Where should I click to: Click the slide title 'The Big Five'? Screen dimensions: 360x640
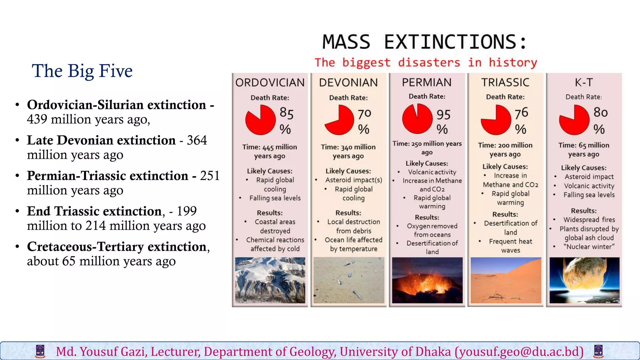click(x=82, y=71)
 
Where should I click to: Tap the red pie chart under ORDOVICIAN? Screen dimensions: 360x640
click(x=260, y=120)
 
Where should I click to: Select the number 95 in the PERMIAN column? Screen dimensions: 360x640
click(x=443, y=115)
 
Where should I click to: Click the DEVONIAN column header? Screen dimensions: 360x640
click(x=348, y=82)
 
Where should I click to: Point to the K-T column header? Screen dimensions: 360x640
click(x=583, y=82)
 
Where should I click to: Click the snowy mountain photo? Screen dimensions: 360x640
click(x=270, y=280)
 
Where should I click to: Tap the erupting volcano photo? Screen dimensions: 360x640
click(x=427, y=280)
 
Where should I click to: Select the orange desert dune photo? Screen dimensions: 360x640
click(x=506, y=280)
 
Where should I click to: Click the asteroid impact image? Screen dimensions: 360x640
click(x=584, y=280)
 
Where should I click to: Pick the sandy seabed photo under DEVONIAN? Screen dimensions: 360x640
click(x=349, y=280)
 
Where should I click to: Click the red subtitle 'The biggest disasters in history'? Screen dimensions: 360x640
click(x=426, y=62)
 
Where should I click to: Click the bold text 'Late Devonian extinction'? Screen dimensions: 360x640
click(x=101, y=140)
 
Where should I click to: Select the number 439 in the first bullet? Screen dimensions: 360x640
click(x=37, y=119)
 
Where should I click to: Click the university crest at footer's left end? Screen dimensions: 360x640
click(x=40, y=351)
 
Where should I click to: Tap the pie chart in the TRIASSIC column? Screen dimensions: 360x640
click(x=496, y=120)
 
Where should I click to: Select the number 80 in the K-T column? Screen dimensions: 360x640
click(x=600, y=112)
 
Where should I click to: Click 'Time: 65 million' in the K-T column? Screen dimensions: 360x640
click(x=583, y=145)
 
